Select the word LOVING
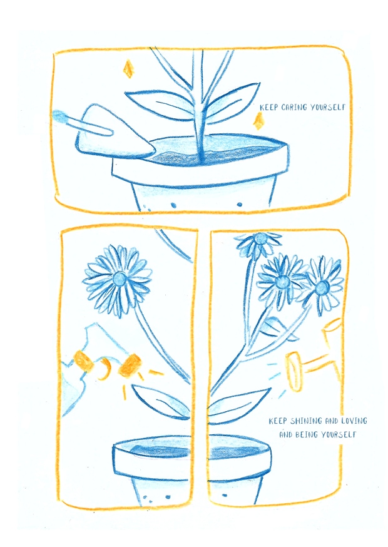(354, 421)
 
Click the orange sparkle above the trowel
(129, 68)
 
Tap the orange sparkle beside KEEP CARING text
(258, 121)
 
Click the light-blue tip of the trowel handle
(59, 117)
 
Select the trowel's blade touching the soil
(115, 136)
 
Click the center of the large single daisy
(120, 279)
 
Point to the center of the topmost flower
(260, 238)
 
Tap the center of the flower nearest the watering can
(322, 287)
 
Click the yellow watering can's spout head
(294, 371)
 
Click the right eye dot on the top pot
(239, 205)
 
